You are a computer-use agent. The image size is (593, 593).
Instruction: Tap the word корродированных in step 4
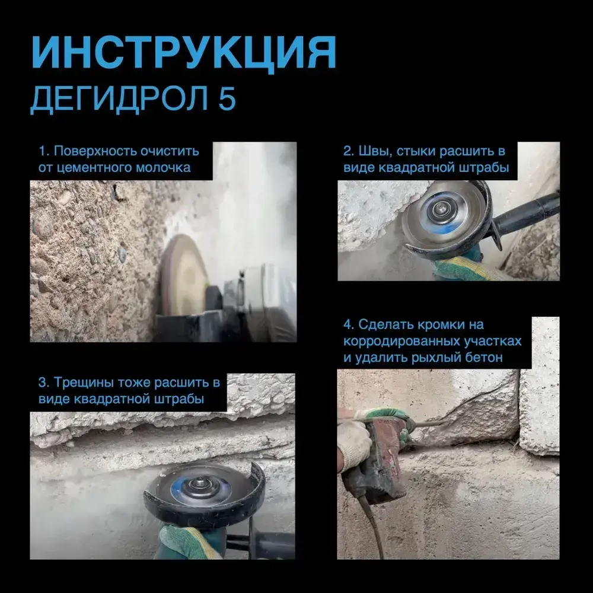[401, 342]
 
